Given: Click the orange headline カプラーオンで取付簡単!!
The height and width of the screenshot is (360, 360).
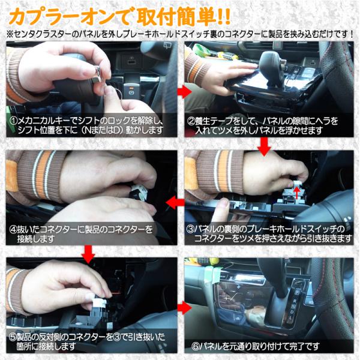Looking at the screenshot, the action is [x=119, y=17].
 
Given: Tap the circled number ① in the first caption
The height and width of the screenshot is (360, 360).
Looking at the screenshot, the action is [x=14, y=121].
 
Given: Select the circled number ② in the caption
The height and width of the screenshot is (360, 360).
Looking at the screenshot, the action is [x=191, y=121].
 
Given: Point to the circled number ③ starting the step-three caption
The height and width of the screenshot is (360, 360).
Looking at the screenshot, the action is [x=190, y=229].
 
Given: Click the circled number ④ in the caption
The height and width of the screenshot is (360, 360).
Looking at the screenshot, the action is [x=14, y=229].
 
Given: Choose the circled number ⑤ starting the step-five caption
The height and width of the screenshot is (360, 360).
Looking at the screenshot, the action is [x=13, y=337].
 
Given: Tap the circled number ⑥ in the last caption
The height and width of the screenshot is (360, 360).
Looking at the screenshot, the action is [x=196, y=346].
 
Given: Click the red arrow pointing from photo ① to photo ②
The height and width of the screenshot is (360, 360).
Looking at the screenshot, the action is [x=184, y=92].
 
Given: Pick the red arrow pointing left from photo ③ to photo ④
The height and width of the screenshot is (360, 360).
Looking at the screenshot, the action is [x=175, y=203].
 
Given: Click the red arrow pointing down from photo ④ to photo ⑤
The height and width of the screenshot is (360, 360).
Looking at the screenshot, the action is [x=88, y=254].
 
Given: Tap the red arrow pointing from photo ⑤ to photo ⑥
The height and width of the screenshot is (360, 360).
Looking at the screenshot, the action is [x=184, y=308].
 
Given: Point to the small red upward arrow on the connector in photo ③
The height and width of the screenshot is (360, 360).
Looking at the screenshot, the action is [x=297, y=193].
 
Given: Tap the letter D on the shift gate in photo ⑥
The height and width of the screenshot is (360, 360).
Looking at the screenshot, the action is [x=292, y=312].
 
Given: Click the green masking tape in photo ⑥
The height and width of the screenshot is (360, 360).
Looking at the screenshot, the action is [x=214, y=273].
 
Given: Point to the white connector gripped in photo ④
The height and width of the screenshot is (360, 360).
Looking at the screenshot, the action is [x=139, y=193].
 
